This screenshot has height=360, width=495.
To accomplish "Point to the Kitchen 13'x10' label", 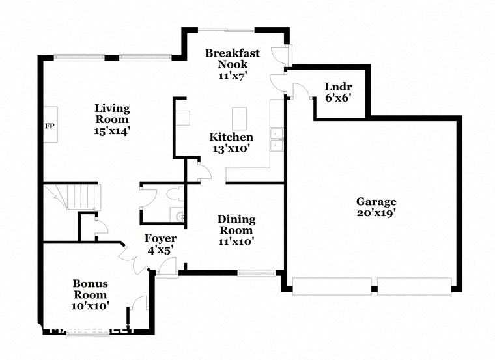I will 231,143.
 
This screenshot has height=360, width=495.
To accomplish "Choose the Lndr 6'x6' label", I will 339,92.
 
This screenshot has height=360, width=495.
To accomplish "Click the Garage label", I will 376,202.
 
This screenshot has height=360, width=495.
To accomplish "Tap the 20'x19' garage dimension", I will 376,213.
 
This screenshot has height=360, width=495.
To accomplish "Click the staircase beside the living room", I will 77,197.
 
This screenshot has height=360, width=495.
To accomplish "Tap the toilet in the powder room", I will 175,195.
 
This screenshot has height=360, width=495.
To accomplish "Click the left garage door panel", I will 331,286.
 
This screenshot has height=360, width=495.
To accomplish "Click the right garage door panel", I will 414,286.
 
